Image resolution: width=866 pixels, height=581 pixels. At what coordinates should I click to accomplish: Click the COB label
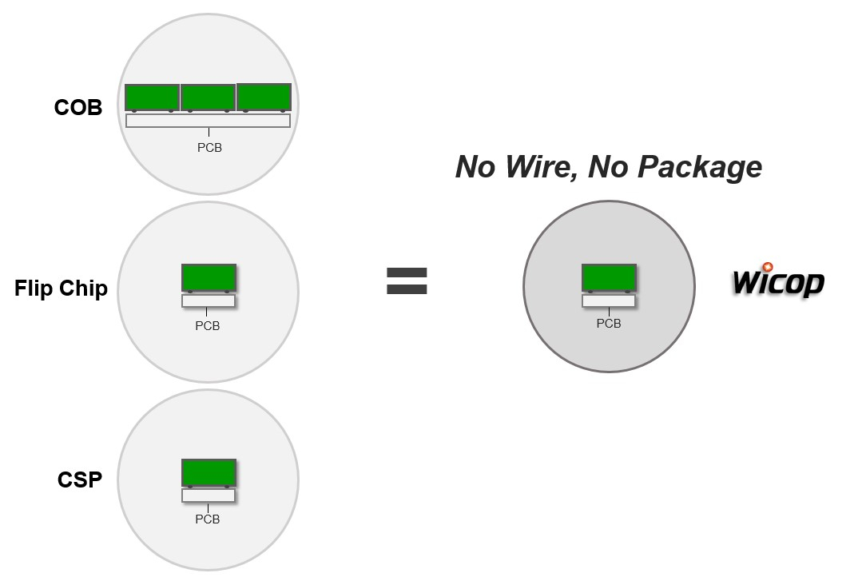(78, 107)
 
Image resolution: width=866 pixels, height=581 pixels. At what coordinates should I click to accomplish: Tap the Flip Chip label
(61, 289)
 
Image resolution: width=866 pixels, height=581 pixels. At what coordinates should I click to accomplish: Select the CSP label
(80, 480)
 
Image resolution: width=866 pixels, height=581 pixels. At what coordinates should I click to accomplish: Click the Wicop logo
(778, 281)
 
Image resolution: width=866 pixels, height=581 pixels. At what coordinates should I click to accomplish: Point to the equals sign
(407, 281)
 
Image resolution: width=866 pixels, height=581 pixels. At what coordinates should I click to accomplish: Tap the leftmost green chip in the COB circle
(152, 97)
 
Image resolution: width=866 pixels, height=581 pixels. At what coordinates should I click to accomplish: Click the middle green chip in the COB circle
(208, 97)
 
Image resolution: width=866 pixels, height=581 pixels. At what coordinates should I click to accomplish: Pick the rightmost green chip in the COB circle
(264, 97)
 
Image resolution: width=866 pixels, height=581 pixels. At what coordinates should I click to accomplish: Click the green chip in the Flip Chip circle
(209, 277)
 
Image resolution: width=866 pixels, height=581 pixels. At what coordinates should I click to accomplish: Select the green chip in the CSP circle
(209, 472)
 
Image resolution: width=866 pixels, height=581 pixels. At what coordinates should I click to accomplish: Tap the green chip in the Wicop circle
(609, 277)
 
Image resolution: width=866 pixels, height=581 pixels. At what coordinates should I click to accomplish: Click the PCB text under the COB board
(209, 148)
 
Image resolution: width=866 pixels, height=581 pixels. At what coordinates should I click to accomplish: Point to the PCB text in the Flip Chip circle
(208, 326)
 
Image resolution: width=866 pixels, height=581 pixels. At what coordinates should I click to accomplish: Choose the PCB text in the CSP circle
(208, 519)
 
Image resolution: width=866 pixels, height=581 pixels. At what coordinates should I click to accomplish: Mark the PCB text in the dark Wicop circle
(609, 324)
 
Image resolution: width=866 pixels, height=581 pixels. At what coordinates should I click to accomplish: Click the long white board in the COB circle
(208, 121)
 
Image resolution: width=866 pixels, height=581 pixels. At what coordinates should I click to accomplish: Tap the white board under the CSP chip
(209, 495)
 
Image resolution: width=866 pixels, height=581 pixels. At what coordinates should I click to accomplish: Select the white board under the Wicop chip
(609, 301)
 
